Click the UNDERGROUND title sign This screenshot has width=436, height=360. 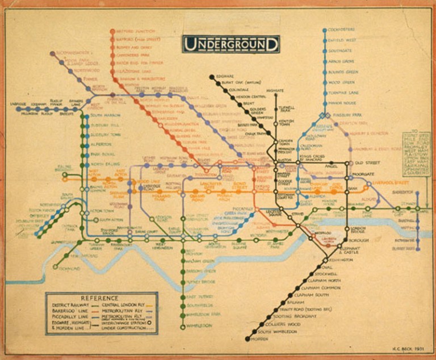coord(230,44)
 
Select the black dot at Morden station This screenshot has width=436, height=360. coord(248,339)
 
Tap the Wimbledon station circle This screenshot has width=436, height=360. coord(182,326)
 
